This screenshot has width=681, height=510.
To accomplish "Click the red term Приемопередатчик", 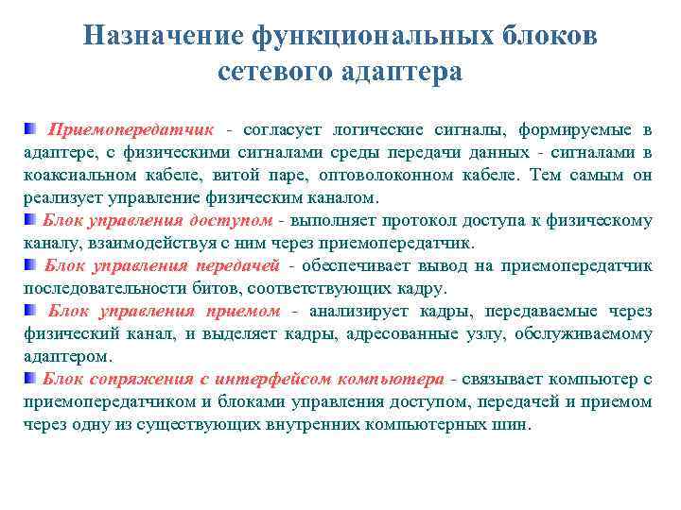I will [x=132, y=129].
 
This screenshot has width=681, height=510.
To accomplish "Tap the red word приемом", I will [x=243, y=311].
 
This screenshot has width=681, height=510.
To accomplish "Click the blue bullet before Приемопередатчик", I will [x=31, y=128].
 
